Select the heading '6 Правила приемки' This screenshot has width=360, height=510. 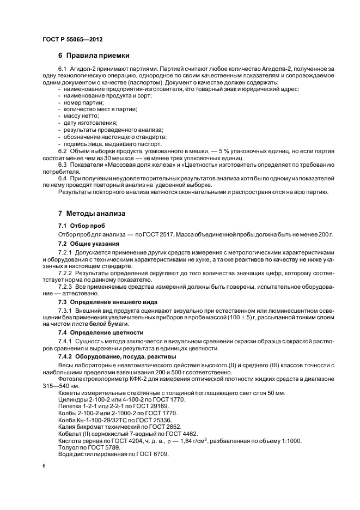click(94, 55)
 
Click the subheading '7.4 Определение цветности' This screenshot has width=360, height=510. click(101, 332)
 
